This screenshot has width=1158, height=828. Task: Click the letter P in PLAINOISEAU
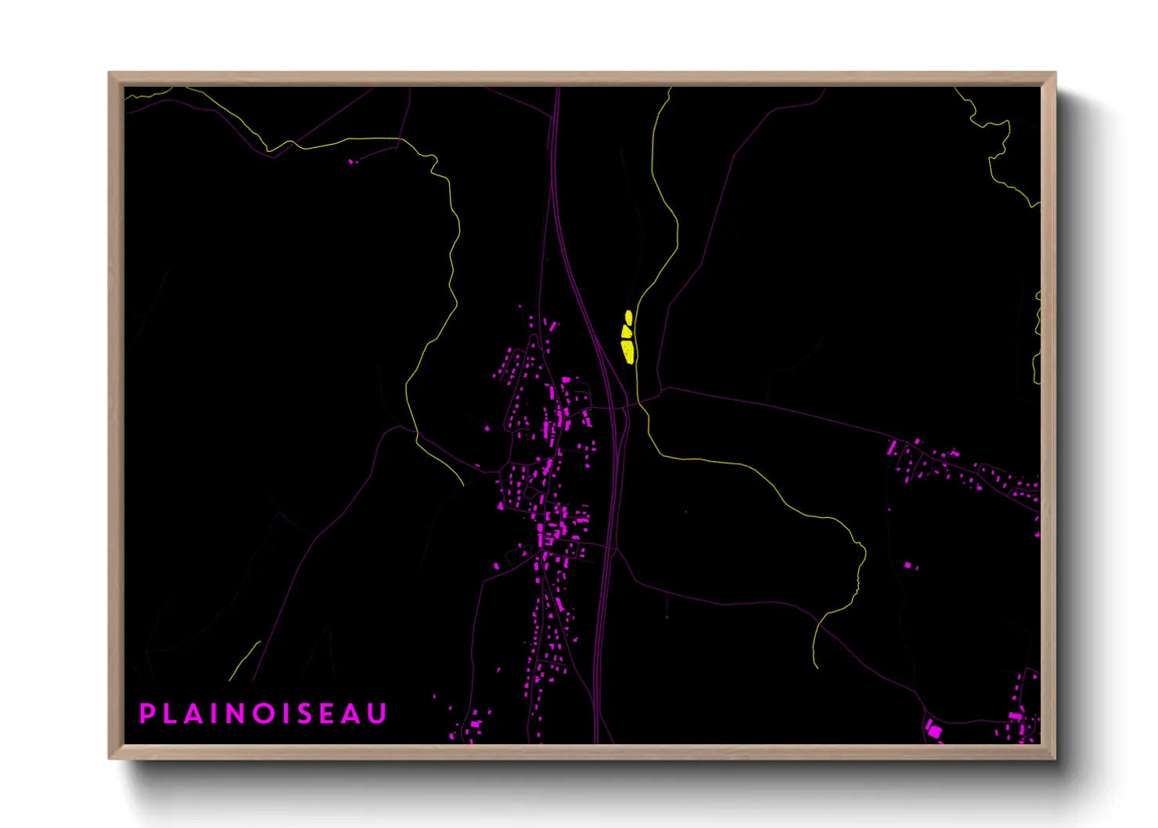click(x=146, y=714)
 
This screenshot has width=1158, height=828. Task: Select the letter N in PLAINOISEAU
click(x=237, y=714)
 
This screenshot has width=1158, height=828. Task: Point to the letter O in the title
click(x=265, y=714)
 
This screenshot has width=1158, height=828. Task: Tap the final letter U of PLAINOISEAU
click(x=379, y=714)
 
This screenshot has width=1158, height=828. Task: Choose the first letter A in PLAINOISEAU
click(x=196, y=714)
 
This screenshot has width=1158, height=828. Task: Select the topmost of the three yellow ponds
click(x=628, y=316)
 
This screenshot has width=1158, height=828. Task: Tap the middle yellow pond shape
click(x=627, y=331)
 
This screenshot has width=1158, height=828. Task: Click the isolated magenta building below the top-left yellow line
click(x=351, y=162)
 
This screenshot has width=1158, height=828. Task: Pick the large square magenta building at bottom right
click(x=934, y=732)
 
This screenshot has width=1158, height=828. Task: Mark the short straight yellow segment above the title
click(x=245, y=661)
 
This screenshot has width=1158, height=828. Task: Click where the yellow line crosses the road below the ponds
click(x=638, y=401)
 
